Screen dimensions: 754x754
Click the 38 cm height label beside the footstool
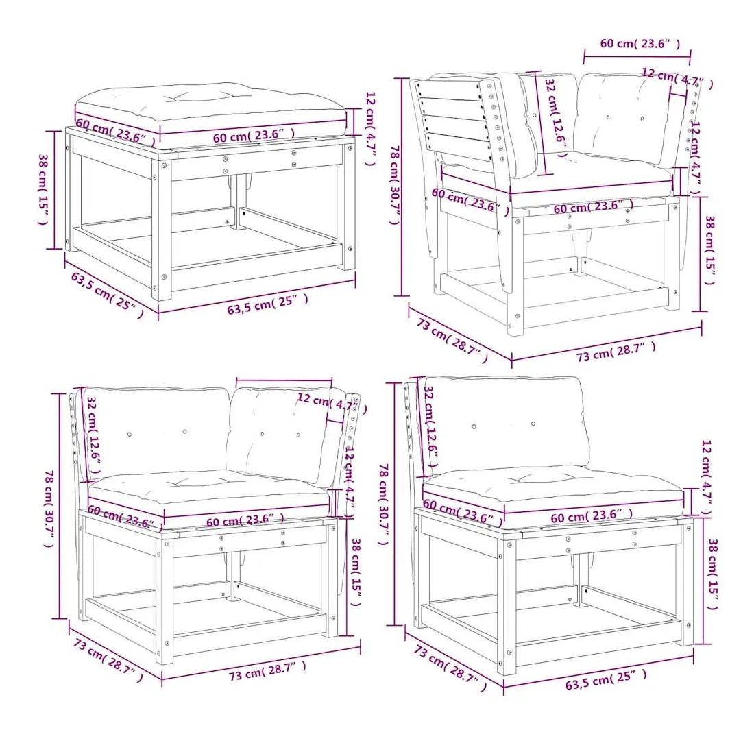point(44,189)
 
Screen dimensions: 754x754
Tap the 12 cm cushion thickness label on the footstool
point(369,128)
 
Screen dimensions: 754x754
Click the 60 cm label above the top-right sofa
point(640,43)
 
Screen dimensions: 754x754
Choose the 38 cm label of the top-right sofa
point(709,250)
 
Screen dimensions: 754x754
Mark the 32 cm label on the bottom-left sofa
point(94,435)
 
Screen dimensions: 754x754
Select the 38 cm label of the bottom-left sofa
point(356,572)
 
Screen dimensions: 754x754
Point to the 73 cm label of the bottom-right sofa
point(450,668)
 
